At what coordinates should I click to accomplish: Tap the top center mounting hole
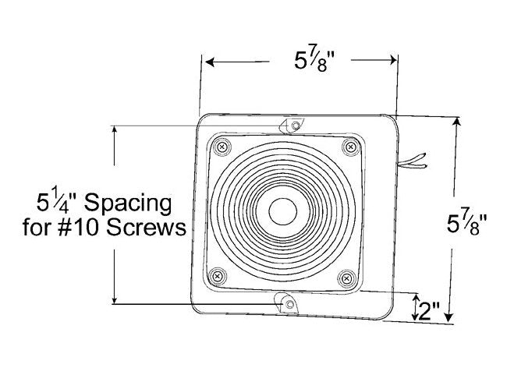[x=295, y=126]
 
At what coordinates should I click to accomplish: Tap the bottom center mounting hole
[x=287, y=303]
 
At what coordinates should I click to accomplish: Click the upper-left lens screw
[x=223, y=147]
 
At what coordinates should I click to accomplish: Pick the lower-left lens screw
[x=218, y=274]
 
